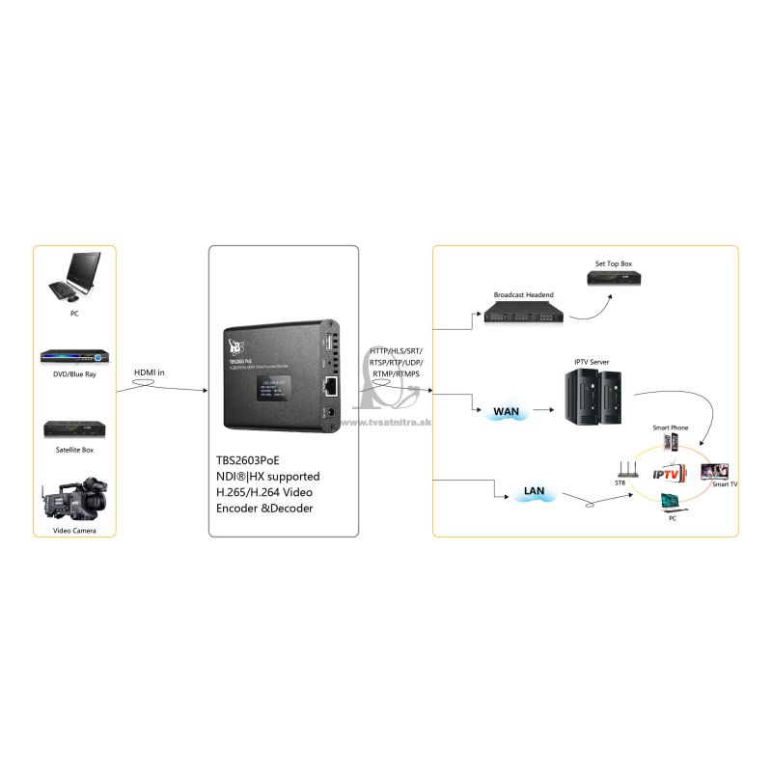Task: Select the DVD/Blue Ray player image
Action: (x=74, y=356)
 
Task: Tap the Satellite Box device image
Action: (x=74, y=429)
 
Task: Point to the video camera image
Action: (x=73, y=499)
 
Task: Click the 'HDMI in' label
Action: (x=149, y=372)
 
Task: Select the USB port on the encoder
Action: (x=329, y=344)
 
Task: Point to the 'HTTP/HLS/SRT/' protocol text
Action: (x=396, y=350)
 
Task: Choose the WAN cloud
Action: (x=507, y=412)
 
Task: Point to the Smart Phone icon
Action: (x=671, y=443)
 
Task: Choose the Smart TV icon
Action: (x=714, y=471)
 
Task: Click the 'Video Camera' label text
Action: (x=73, y=531)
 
